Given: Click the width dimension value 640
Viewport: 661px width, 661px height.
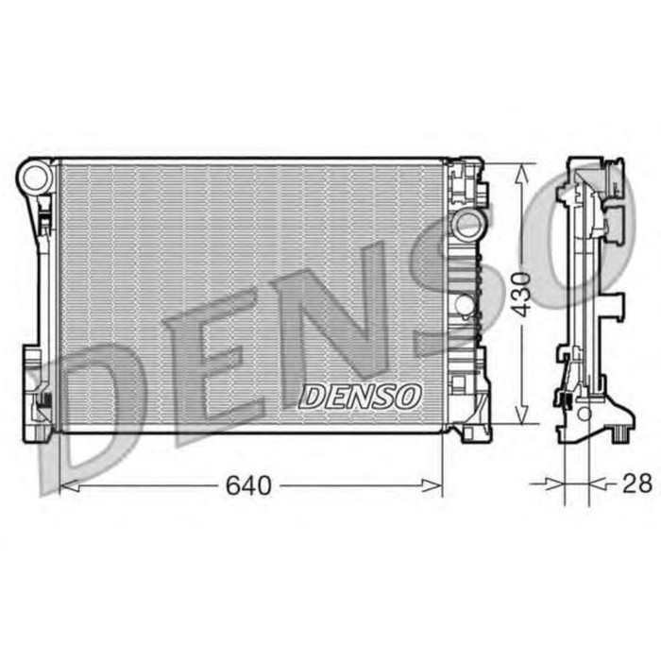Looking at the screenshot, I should (248, 485).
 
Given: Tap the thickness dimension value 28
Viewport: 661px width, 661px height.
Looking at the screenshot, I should (637, 483).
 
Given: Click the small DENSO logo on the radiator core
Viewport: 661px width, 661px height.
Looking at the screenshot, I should (359, 398).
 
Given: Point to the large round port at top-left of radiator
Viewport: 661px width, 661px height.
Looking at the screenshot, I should (34, 177).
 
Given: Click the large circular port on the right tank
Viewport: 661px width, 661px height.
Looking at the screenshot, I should (466, 225).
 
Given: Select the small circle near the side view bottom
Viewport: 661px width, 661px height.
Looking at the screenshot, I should (585, 414).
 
